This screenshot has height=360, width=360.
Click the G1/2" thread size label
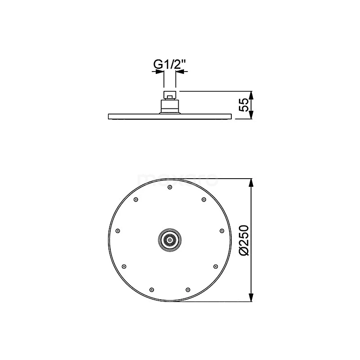tap(170, 65)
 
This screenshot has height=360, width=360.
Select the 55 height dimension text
tap(243, 105)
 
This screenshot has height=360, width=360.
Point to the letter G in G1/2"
tap(158, 65)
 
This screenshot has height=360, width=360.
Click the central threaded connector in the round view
tap(170, 240)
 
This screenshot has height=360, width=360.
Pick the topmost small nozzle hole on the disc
tap(170, 187)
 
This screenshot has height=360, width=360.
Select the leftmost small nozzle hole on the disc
tap(117, 231)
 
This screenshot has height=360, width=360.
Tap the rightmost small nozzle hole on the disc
tap(222, 231)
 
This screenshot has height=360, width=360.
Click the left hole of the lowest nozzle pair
tap(152, 289)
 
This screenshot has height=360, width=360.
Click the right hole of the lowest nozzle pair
tap(187, 289)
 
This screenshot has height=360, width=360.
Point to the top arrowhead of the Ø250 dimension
tap(251, 182)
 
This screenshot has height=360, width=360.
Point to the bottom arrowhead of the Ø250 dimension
tap(251, 298)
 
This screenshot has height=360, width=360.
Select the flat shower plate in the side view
tap(170, 117)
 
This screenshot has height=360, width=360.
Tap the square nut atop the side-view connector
tap(170, 94)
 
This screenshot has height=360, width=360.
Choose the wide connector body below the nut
tap(170, 106)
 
